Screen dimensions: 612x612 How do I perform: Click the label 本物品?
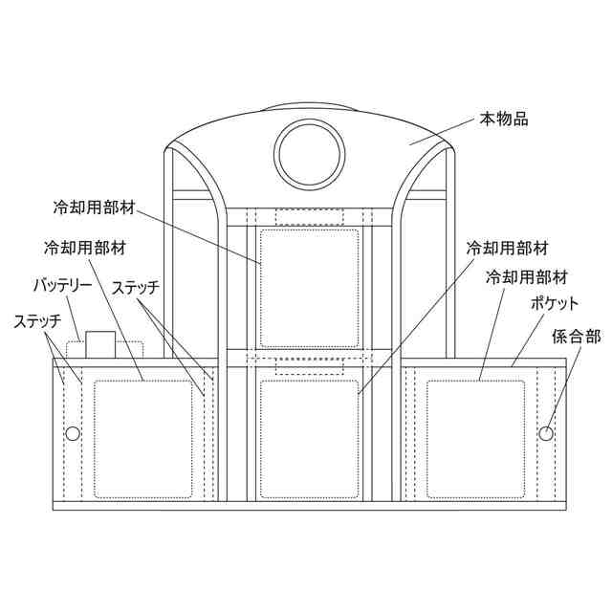503,121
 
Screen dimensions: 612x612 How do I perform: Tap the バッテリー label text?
64,285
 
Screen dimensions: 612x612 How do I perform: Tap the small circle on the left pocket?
72,434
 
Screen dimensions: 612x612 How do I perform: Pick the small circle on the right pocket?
546,434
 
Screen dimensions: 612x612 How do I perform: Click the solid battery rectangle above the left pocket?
99,343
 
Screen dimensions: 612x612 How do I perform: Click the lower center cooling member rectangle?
309,438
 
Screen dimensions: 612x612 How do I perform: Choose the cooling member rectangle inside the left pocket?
143,439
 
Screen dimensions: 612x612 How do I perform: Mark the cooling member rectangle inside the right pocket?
476,439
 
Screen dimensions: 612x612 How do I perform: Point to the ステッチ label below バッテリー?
37,320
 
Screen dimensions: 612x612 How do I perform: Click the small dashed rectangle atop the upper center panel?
309,217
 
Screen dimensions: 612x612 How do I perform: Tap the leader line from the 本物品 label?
445,133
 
